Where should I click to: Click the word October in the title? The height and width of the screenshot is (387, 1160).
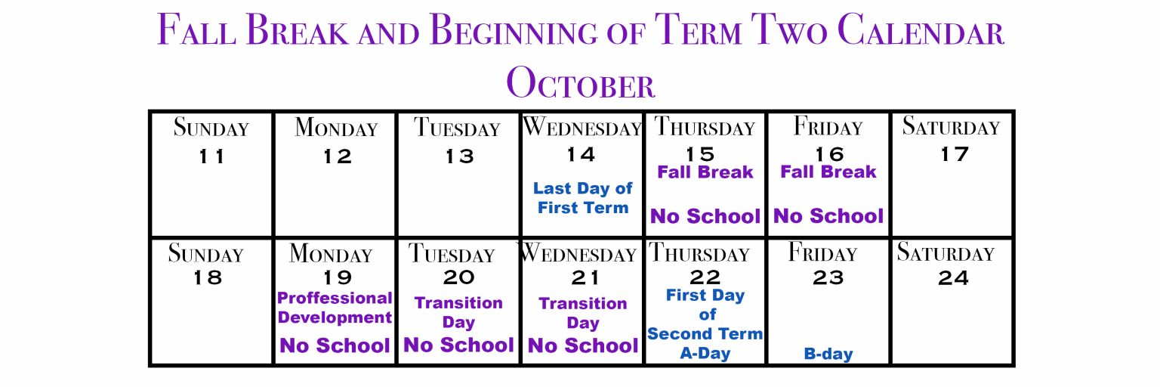(581, 83)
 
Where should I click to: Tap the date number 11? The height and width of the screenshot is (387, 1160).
(211, 156)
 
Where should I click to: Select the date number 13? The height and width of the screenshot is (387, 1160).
(460, 156)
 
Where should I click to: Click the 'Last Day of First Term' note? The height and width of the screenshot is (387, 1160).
(582, 198)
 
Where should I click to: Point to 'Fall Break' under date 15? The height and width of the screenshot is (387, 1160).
(705, 172)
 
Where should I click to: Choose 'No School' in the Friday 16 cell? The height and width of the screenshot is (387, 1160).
(828, 216)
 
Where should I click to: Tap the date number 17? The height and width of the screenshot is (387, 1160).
(954, 154)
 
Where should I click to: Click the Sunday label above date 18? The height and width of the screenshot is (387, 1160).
(205, 253)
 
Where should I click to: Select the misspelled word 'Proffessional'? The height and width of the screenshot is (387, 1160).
(335, 298)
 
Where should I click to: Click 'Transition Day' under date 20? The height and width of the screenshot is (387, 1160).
(458, 312)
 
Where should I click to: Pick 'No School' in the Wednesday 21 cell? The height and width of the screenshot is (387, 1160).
(582, 345)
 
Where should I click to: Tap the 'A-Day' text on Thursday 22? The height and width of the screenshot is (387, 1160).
(705, 353)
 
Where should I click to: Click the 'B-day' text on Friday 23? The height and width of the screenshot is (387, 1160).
(828, 354)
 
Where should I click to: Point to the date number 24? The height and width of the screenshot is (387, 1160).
(953, 278)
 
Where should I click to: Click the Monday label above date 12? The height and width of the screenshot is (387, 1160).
(336, 128)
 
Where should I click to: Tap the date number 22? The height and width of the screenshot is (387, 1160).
(705, 277)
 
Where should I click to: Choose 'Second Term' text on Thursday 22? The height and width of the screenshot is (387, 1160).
(705, 333)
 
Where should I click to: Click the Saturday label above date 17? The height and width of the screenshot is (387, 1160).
(951, 126)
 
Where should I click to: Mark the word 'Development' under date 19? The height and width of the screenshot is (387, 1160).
(335, 317)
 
